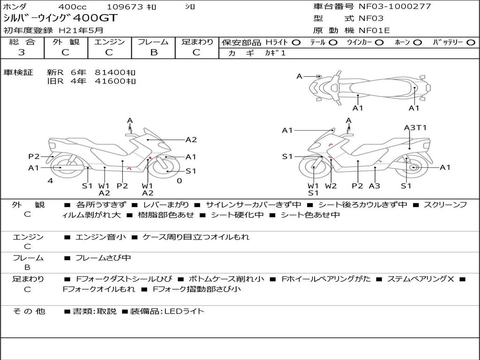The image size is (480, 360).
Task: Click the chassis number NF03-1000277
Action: coord(395,6)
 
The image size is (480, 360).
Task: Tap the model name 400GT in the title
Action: coord(96,18)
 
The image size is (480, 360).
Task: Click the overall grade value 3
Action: coord(22,52)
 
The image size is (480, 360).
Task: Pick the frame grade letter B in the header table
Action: coord(154,52)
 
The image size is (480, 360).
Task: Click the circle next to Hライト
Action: coord(296,43)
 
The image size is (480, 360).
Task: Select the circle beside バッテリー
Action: coord(471,43)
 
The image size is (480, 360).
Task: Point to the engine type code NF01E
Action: coord(374,30)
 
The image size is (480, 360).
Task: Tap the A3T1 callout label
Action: coord(415,127)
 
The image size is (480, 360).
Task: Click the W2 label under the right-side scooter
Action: coord(330,186)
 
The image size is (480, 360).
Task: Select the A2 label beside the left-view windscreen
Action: coord(191,140)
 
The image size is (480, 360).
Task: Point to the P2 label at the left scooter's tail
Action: coord(34,157)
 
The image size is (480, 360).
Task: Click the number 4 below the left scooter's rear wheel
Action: coord(50,180)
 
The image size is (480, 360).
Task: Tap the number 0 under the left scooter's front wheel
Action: coord(180,180)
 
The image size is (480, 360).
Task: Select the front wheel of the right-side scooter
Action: coord(314,167)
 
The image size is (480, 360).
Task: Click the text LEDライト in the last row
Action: coord(184,311)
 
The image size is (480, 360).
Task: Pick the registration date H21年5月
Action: coord(81,30)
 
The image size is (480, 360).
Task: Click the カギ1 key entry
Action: coord(275,53)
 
